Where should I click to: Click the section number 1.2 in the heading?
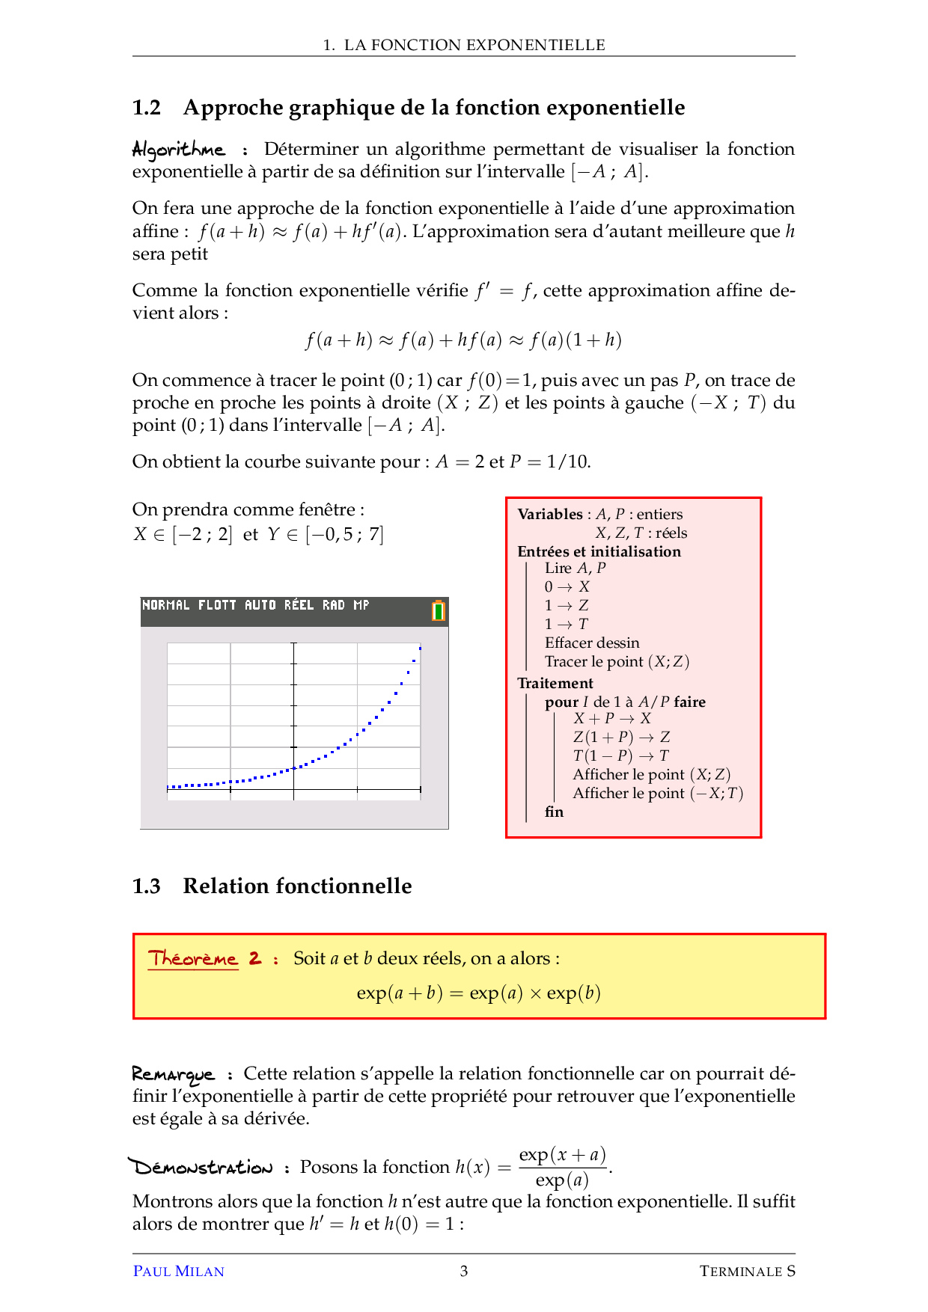tap(147, 108)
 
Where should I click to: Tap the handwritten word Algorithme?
tap(178, 150)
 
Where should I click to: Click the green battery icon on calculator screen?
tap(439, 611)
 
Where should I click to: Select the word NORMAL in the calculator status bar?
tap(165, 605)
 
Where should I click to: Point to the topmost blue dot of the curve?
tap(420, 649)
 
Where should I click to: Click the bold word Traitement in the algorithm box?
tap(555, 683)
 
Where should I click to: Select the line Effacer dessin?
tap(591, 643)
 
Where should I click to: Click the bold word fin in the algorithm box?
tap(554, 812)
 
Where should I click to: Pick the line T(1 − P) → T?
tap(620, 755)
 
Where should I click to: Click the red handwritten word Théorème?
tap(192, 958)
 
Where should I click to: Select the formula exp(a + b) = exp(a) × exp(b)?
tap(479, 993)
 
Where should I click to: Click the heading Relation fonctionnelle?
tap(297, 886)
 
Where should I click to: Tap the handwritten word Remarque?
tap(173, 1075)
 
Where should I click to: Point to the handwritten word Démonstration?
tap(201, 1167)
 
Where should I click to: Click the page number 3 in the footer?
tap(464, 1271)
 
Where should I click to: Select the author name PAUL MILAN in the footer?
tap(178, 1271)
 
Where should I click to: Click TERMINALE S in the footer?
tap(746, 1271)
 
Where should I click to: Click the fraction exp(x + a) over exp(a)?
tap(562, 1167)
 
